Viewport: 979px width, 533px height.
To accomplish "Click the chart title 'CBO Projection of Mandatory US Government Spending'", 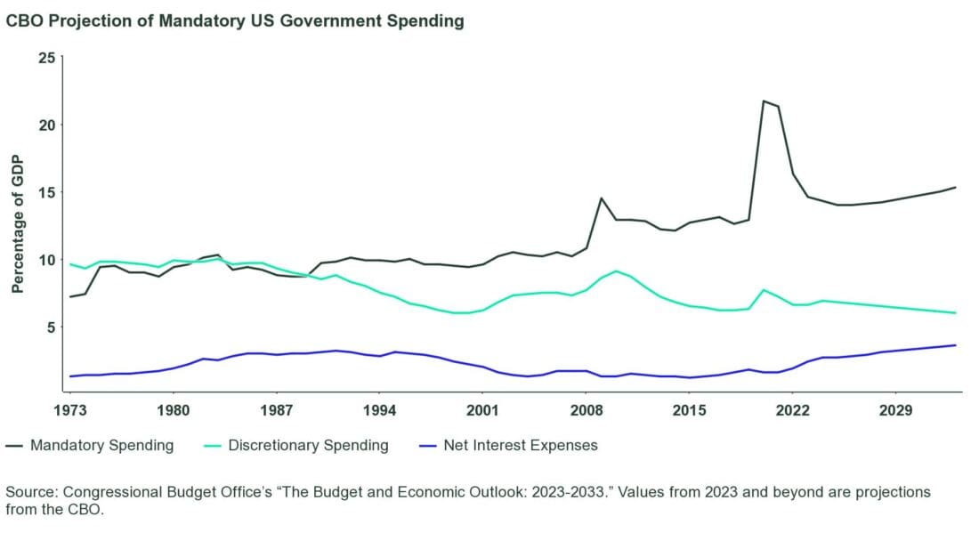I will pos(235,22).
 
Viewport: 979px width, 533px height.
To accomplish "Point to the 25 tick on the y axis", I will pos(46,58).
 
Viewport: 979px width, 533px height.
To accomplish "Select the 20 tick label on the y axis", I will pos(46,125).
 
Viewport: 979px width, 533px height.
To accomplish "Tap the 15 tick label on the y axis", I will pos(46,192).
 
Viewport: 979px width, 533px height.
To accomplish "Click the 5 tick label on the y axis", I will pos(51,327).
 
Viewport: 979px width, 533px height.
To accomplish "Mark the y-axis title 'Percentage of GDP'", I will pos(18,224).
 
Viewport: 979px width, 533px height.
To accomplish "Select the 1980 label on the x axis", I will pos(174,410).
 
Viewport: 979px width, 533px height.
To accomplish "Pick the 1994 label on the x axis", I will pos(379,410).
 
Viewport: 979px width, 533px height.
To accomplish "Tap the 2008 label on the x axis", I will pos(586,410).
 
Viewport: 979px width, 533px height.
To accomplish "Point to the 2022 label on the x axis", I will pos(792,410).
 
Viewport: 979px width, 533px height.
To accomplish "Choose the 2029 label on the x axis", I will pos(895,410).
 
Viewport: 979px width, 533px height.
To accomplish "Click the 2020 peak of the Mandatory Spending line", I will pos(764,101).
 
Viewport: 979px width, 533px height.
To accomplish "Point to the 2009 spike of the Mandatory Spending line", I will pos(602,198).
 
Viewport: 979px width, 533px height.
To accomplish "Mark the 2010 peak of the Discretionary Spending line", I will pos(616,271).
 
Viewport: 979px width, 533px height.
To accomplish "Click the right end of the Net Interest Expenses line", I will pos(955,345).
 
